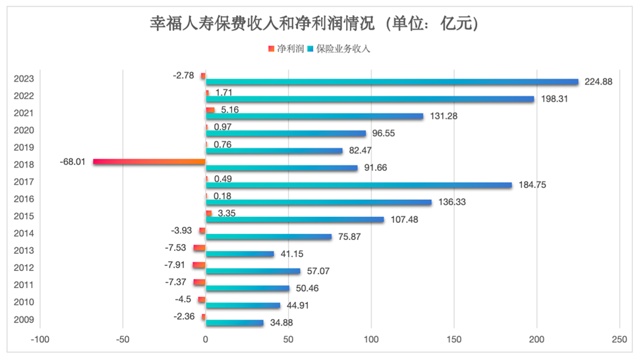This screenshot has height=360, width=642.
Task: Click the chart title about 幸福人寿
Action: pyautogui.click(x=313, y=24)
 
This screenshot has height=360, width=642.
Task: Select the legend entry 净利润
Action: pyautogui.click(x=289, y=49)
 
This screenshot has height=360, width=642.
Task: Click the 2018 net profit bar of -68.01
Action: pyautogui.click(x=150, y=161)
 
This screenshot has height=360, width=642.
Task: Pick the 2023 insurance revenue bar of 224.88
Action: pyautogui.click(x=392, y=82)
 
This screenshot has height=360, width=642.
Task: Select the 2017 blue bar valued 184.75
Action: pyautogui.click(x=359, y=185)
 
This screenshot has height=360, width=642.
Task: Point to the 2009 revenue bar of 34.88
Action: pyautogui.click(x=235, y=323)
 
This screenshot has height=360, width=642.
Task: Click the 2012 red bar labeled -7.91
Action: pyautogui.click(x=199, y=264)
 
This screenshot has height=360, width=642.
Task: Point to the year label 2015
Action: pyautogui.click(x=24, y=216)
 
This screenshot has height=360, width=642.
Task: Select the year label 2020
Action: pyautogui.click(x=24, y=130)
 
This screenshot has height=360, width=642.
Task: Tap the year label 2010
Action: pyautogui.click(x=24, y=303)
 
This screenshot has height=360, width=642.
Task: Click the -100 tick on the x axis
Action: pyautogui.click(x=40, y=340)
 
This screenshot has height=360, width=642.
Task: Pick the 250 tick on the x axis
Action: pyautogui.click(x=619, y=340)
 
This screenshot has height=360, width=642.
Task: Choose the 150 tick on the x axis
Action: pyautogui.click(x=453, y=340)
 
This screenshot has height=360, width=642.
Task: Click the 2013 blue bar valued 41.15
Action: pyautogui.click(x=239, y=254)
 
